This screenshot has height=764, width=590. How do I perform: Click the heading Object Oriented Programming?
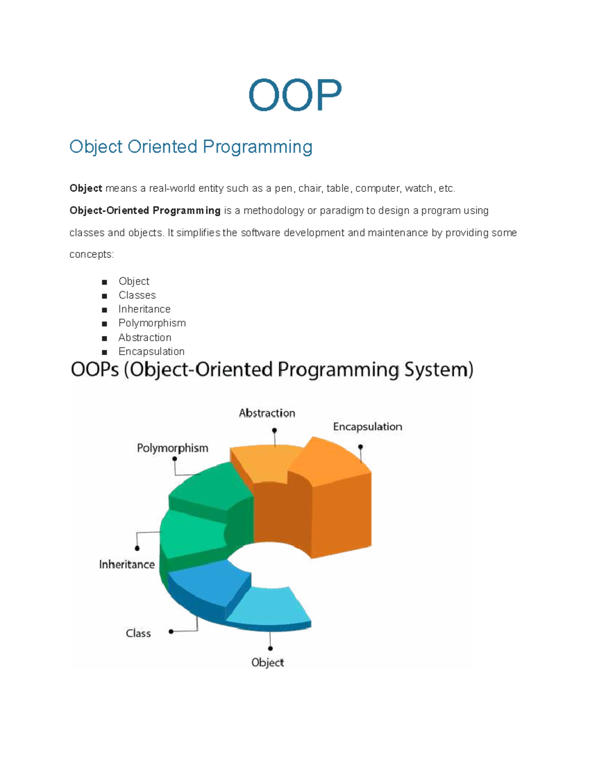point(191,147)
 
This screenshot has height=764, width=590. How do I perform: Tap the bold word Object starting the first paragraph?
point(86,188)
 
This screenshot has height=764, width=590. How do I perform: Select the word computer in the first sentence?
point(377,188)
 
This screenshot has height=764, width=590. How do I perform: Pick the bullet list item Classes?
point(137,295)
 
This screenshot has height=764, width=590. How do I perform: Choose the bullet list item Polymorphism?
point(152,323)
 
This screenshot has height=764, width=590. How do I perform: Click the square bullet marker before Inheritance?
point(104,310)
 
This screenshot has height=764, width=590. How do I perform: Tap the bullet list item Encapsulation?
point(151,351)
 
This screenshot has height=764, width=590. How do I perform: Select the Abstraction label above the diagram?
point(267,413)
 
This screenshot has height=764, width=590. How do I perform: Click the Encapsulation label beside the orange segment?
point(367,427)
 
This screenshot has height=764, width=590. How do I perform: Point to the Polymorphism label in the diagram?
point(172,448)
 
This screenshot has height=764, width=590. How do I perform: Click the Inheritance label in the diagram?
point(127,564)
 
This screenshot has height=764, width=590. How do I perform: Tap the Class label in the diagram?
point(138,633)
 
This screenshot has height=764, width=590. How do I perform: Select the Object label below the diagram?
point(267,662)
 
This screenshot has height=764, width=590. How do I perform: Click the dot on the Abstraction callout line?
point(274,430)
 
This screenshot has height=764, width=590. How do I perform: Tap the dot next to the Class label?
point(171,632)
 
